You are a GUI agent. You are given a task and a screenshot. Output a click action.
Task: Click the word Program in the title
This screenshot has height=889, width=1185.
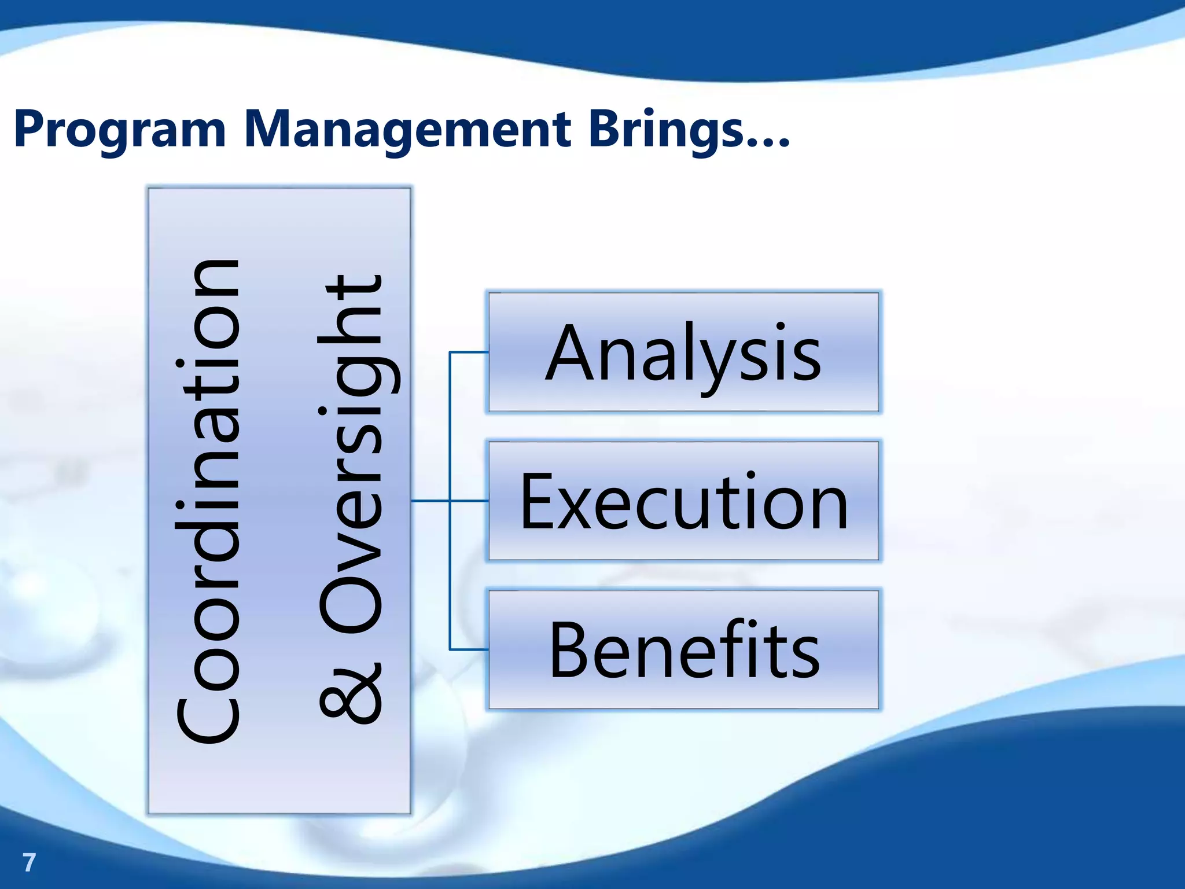coord(119,131)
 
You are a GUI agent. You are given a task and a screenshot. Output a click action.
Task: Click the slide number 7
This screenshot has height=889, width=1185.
coord(29,862)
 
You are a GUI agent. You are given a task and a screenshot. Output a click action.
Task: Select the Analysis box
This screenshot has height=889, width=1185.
coord(683,352)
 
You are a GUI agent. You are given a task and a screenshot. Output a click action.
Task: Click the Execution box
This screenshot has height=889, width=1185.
coord(683,501)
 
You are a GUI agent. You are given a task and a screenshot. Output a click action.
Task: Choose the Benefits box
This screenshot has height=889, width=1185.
coord(683,649)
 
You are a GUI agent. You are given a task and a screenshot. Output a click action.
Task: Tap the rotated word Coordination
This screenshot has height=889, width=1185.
coord(208,501)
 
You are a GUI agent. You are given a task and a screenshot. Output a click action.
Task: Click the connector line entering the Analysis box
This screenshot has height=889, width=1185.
coord(469,352)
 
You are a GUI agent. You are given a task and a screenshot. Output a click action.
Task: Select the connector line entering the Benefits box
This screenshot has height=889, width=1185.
coord(469,649)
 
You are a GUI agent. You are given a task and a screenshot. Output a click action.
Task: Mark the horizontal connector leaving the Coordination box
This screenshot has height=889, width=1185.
coord(429,501)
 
